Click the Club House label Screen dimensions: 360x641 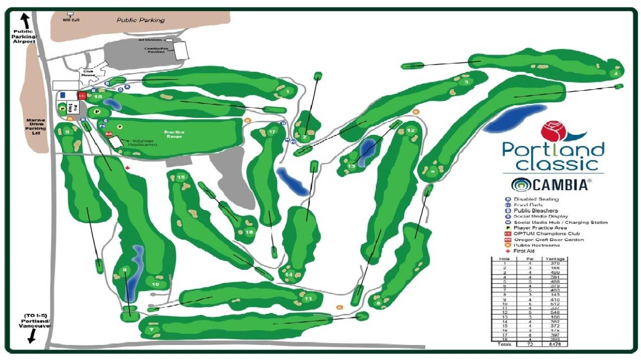coord(88,74)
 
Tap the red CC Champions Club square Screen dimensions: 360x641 coord(82,95)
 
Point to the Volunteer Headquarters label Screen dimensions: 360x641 coord(143,142)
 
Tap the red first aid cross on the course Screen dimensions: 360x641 coord(128,168)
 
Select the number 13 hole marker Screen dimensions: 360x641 coord(351,166)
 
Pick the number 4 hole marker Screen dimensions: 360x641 coord(615,74)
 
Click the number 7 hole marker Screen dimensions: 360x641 coord(150,329)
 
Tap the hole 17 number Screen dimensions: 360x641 coord(272,132)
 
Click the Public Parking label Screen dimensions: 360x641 coord(140,21)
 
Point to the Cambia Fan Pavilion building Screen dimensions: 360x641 coord(181,50)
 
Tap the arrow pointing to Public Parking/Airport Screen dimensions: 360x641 coord(24,20)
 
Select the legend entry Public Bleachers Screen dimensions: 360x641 coord(536,211)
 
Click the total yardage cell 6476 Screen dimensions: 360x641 coord(555,344)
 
